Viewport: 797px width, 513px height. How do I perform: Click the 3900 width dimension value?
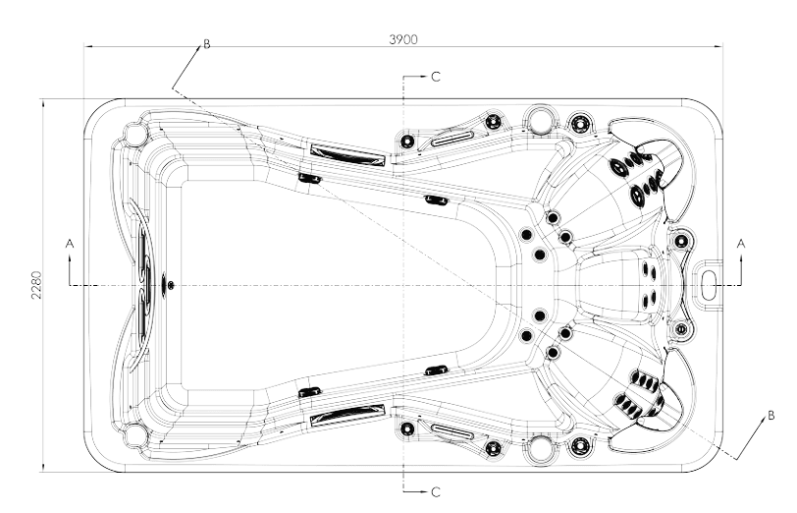point(403,39)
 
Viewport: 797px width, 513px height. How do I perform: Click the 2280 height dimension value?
point(35,285)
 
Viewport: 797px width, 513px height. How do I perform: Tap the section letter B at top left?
point(206,44)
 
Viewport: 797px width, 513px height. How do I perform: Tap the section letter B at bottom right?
point(771,415)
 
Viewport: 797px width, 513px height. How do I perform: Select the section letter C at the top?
point(436,76)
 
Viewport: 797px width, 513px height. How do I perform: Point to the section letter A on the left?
point(69,241)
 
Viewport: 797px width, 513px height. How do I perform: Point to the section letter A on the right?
point(741,241)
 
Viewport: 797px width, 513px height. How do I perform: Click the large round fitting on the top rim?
point(539,120)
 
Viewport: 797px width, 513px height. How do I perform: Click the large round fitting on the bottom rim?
point(539,448)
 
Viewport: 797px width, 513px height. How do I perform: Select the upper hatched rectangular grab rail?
point(346,153)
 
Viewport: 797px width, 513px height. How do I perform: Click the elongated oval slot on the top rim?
point(452,138)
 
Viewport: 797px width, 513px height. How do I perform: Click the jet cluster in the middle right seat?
point(648,284)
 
